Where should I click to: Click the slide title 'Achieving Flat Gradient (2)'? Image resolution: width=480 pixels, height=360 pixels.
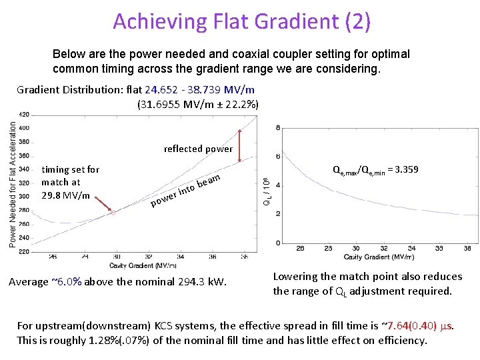coord(241,21)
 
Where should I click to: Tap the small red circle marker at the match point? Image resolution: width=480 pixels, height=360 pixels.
coord(113,213)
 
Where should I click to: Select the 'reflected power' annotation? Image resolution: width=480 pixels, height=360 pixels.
coord(198,149)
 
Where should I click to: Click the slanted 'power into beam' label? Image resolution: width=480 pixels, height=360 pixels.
coord(185,190)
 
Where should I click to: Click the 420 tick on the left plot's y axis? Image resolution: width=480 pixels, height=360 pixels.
coord(23,114)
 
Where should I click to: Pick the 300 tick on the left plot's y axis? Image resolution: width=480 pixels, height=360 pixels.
coord(23,197)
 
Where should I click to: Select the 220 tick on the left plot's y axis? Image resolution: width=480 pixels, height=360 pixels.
coord(23,251)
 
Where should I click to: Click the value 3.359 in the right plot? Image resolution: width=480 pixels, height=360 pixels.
coord(406,169)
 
